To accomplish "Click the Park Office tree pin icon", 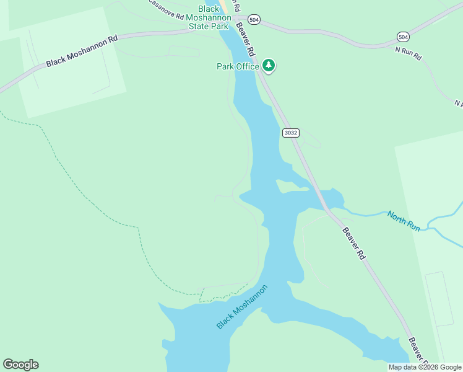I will [268, 64].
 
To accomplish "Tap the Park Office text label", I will [237, 66].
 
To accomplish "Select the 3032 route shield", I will [290, 133].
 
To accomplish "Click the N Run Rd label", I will [408, 53].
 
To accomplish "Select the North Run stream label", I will [404, 221].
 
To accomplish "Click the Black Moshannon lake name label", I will [243, 307].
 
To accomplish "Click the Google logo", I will [20, 365].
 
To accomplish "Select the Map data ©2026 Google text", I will [425, 368].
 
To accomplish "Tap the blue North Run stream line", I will [371, 215].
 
